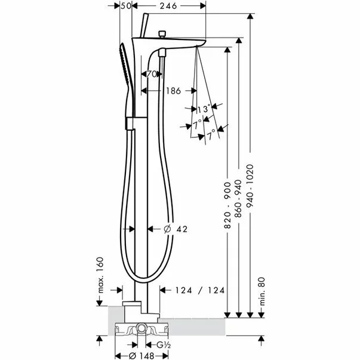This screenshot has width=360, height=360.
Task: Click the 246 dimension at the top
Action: [x=168, y=6]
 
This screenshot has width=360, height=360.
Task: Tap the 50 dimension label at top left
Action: [x=126, y=6]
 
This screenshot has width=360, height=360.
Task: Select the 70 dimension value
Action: [x=152, y=74]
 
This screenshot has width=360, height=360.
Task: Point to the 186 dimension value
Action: [x=173, y=91]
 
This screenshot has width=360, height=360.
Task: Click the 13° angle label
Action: [x=204, y=109]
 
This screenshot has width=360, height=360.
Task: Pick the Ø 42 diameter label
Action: [x=176, y=229]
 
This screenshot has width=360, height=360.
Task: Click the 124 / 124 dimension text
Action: [x=200, y=290]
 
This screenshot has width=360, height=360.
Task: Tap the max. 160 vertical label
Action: [x=100, y=275]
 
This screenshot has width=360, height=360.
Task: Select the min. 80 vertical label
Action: [x=261, y=291]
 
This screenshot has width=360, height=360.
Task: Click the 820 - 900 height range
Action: [x=227, y=205]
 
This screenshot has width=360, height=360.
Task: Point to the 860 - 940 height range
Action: [x=239, y=199]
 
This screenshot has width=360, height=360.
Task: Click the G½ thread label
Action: [x=163, y=345]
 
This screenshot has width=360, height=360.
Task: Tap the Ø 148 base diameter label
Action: [x=141, y=356]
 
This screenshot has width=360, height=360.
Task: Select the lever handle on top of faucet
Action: [x=144, y=25]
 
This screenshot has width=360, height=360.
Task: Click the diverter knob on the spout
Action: [x=162, y=34]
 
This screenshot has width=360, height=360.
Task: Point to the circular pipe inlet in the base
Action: [x=141, y=328]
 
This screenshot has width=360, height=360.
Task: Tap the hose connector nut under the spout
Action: [x=162, y=53]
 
